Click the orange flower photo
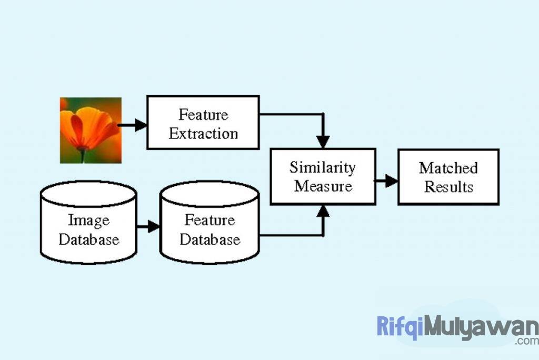[91, 130]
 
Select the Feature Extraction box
[203, 122]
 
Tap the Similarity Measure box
[323, 176]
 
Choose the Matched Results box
[448, 177]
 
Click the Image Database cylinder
[88, 223]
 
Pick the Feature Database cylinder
[209, 223]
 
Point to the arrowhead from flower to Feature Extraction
[141, 125]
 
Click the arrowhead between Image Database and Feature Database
[154, 226]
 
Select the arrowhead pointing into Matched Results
[391, 181]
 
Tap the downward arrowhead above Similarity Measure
[323, 142]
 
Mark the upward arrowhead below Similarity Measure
[323, 211]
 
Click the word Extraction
[203, 133]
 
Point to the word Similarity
[322, 167]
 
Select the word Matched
[448, 168]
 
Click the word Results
[448, 187]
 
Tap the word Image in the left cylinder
[88, 219]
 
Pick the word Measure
[323, 186]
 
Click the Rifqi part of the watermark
[400, 326]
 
